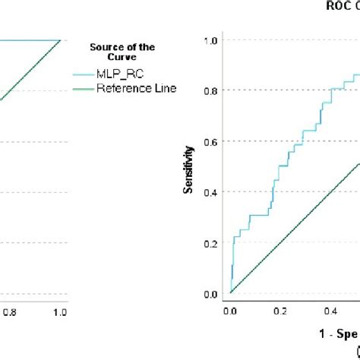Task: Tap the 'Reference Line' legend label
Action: pos(136,88)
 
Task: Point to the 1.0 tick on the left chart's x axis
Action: pos(59,311)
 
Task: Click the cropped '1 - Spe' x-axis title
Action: pos(339,333)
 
